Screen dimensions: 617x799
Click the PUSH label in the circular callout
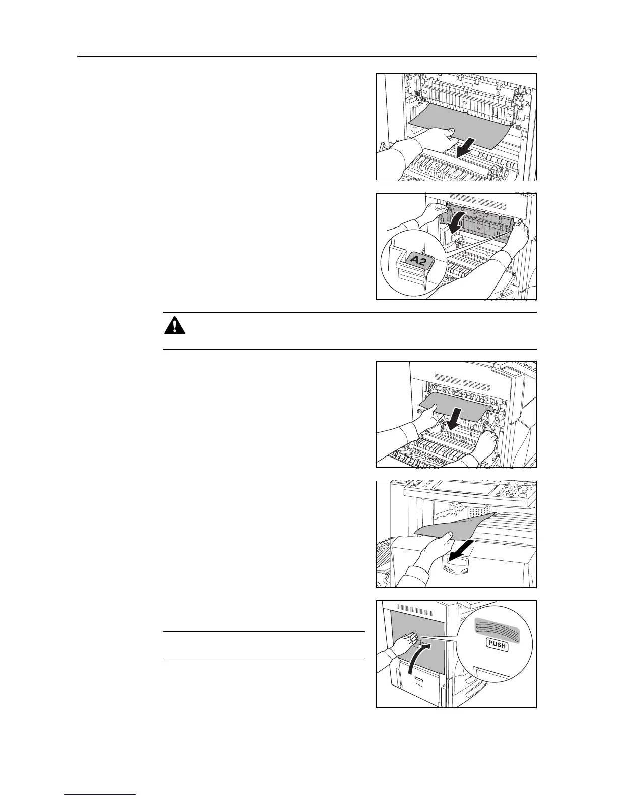(x=497, y=644)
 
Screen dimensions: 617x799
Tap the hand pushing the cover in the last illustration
(x=403, y=646)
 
